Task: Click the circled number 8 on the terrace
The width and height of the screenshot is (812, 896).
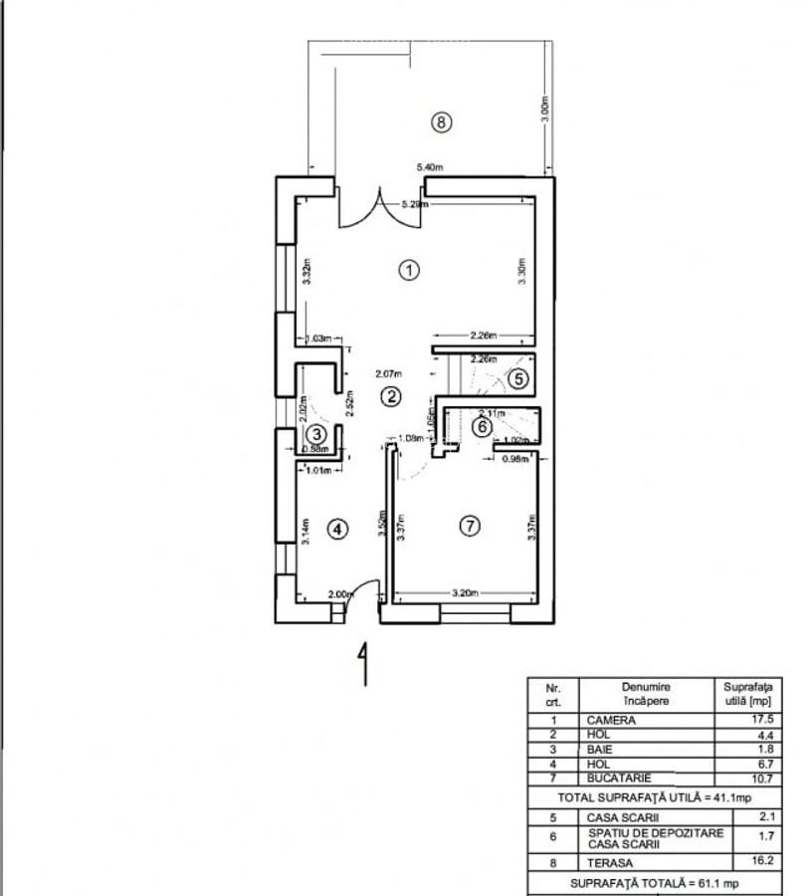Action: point(442,122)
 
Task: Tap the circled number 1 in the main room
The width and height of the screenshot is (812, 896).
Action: point(407,269)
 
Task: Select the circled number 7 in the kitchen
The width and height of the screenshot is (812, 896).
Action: point(470,526)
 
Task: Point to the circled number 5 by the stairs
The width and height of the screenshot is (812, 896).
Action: point(517,378)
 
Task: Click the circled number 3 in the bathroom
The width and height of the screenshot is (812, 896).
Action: point(316,434)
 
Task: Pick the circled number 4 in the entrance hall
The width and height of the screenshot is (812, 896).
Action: point(338,530)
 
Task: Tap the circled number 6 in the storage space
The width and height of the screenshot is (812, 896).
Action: point(481,427)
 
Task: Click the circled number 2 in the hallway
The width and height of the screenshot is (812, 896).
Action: point(391,396)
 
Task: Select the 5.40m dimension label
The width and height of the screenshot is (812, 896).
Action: point(430,168)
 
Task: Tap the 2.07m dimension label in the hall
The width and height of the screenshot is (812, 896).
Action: point(389,374)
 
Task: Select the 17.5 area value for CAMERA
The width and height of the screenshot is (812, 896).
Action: point(763,719)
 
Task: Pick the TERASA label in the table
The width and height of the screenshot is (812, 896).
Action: point(610,863)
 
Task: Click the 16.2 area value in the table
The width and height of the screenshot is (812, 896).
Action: point(763,862)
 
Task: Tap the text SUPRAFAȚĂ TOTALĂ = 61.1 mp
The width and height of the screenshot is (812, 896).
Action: point(654,883)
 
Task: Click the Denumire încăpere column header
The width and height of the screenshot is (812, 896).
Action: point(646,693)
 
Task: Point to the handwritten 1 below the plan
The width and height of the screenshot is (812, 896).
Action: point(364,664)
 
